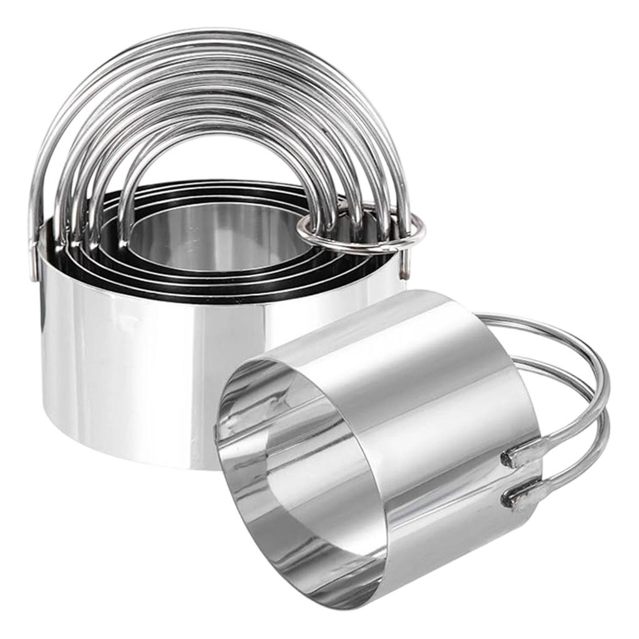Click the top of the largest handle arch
(x=212, y=34)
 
